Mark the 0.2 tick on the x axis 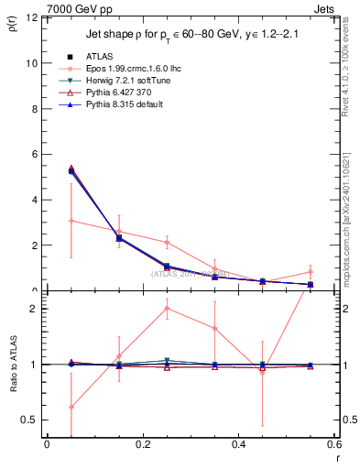coord(142,446)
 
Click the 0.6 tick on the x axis coord(333,446)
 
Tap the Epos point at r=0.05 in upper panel coord(71,221)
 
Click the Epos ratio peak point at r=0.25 coord(167,308)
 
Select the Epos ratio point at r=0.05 coord(71,407)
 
